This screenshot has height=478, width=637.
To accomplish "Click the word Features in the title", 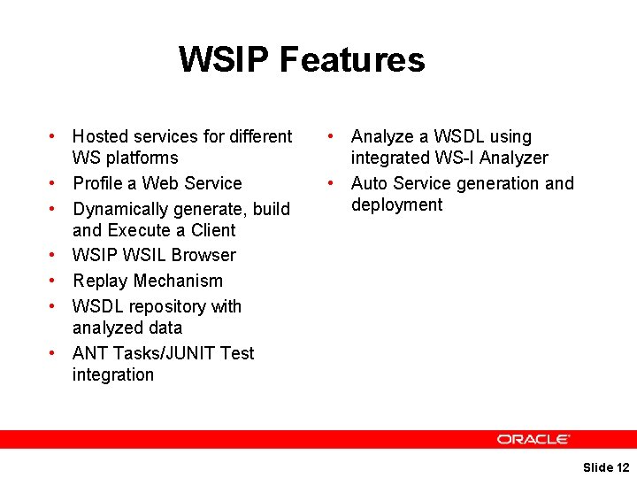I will tap(352, 60).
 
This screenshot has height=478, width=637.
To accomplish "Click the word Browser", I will tap(204, 256).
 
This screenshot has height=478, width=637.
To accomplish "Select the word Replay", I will tap(100, 281).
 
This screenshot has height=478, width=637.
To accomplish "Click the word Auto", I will tap(369, 184).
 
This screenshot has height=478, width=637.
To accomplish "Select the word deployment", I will tap(396, 205).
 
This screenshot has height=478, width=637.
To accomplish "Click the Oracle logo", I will tap(533, 439).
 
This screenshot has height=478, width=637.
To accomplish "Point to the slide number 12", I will tap(623, 467).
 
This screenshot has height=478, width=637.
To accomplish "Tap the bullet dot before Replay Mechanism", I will tap(54, 281).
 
